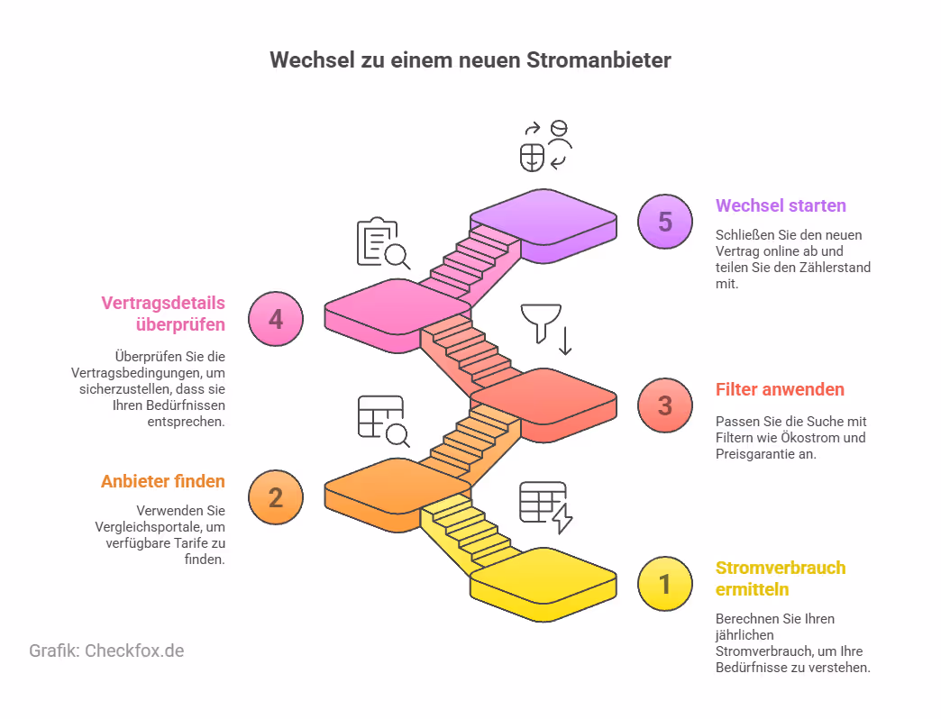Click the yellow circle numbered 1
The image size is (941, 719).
pyautogui.click(x=665, y=584)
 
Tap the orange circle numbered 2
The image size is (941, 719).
pyautogui.click(x=276, y=497)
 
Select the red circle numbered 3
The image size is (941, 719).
pyautogui.click(x=665, y=405)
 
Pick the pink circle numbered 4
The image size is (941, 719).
pyautogui.click(x=276, y=319)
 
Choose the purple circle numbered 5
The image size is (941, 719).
pyautogui.click(x=665, y=222)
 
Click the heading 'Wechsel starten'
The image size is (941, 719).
pyautogui.click(x=781, y=205)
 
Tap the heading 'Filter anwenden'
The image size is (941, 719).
pyautogui.click(x=780, y=390)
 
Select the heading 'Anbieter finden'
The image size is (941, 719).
pyautogui.click(x=163, y=481)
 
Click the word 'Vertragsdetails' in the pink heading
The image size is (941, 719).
pyautogui.click(x=163, y=303)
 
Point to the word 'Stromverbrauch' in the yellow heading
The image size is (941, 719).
pyautogui.click(x=781, y=568)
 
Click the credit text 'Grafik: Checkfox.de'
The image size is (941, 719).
pyautogui.click(x=106, y=651)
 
